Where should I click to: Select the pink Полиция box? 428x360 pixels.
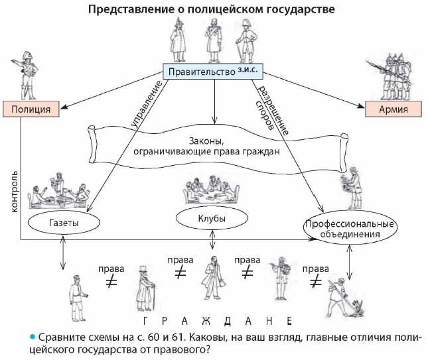(33, 108)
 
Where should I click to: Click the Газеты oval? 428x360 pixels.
(64, 223)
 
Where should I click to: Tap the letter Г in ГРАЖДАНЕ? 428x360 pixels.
(145, 321)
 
